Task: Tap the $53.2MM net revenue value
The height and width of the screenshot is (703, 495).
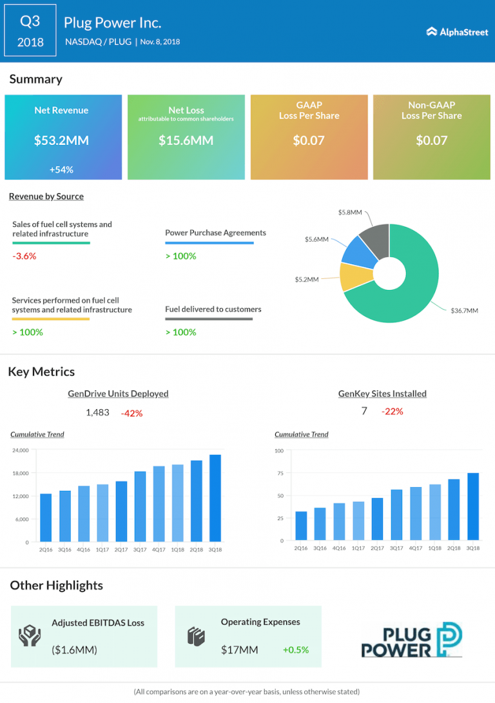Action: (x=61, y=140)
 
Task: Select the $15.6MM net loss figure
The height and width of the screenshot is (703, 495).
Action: (x=186, y=140)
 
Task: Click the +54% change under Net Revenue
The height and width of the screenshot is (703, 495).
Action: (x=61, y=169)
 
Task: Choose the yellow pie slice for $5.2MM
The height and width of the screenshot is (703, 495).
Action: (x=356, y=276)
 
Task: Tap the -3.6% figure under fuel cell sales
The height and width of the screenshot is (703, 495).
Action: (x=24, y=256)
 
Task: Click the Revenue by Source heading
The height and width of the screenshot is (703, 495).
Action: (x=46, y=197)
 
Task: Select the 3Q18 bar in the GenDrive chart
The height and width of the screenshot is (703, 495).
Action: (x=215, y=498)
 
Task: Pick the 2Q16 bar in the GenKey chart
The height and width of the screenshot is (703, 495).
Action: (x=301, y=526)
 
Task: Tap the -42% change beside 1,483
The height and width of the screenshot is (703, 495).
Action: (x=131, y=413)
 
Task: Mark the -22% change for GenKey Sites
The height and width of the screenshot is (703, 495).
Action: (x=392, y=411)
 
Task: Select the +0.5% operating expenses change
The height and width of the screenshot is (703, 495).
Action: (x=295, y=650)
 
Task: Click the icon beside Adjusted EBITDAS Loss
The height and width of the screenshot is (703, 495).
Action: (x=30, y=636)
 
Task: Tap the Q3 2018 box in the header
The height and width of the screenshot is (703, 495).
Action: (x=30, y=31)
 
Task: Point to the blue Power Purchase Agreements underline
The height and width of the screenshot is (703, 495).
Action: (x=209, y=243)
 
